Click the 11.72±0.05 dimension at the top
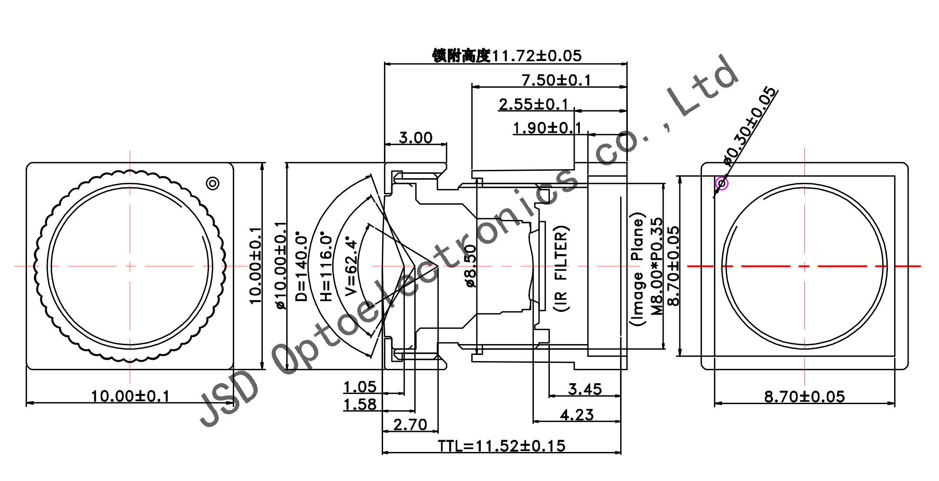click(536, 56)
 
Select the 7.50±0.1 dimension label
click(556, 80)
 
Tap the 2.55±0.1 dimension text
click(533, 104)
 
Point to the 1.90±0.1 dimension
click(547, 128)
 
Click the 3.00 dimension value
click(416, 138)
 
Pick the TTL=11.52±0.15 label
click(502, 446)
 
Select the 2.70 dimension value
click(410, 425)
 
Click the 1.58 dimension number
click(360, 405)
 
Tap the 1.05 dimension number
click(360, 387)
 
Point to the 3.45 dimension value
click(585, 389)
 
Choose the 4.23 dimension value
click(577, 415)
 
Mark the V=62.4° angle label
click(351, 266)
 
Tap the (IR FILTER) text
click(561, 268)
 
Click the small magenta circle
click(722, 183)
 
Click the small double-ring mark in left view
click(212, 183)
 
